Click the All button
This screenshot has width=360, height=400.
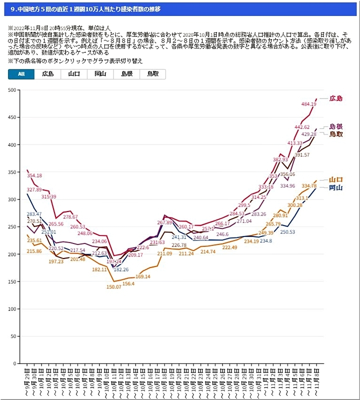[x=21, y=74]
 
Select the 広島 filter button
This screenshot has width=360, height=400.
[x=48, y=74]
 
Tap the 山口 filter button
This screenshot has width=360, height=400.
[x=74, y=74]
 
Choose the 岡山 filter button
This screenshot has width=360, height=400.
[x=100, y=74]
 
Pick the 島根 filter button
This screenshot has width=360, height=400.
[x=126, y=74]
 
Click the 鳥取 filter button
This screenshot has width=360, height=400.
[x=153, y=74]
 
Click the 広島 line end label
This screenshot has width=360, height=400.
[x=336, y=98]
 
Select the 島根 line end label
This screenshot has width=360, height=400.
[x=336, y=127]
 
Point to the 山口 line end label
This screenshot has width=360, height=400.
[x=336, y=180]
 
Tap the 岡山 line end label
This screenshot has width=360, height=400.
[x=336, y=188]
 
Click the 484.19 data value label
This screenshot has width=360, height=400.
[x=309, y=104]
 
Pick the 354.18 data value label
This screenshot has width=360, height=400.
[x=34, y=175]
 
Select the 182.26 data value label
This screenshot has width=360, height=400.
[x=121, y=269]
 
